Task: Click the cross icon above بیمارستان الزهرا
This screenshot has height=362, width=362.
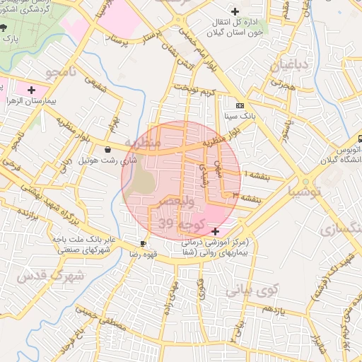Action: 31,90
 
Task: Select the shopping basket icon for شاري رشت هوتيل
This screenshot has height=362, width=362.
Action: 107,150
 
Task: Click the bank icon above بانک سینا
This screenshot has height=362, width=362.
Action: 240,105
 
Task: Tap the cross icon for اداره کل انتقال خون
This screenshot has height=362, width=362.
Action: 235,12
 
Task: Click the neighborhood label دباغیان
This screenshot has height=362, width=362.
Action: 288,66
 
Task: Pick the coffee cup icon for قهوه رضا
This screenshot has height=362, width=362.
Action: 144,243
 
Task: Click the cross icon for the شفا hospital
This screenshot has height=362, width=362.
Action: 215,231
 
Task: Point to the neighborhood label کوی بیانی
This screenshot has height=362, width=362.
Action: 253,290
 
